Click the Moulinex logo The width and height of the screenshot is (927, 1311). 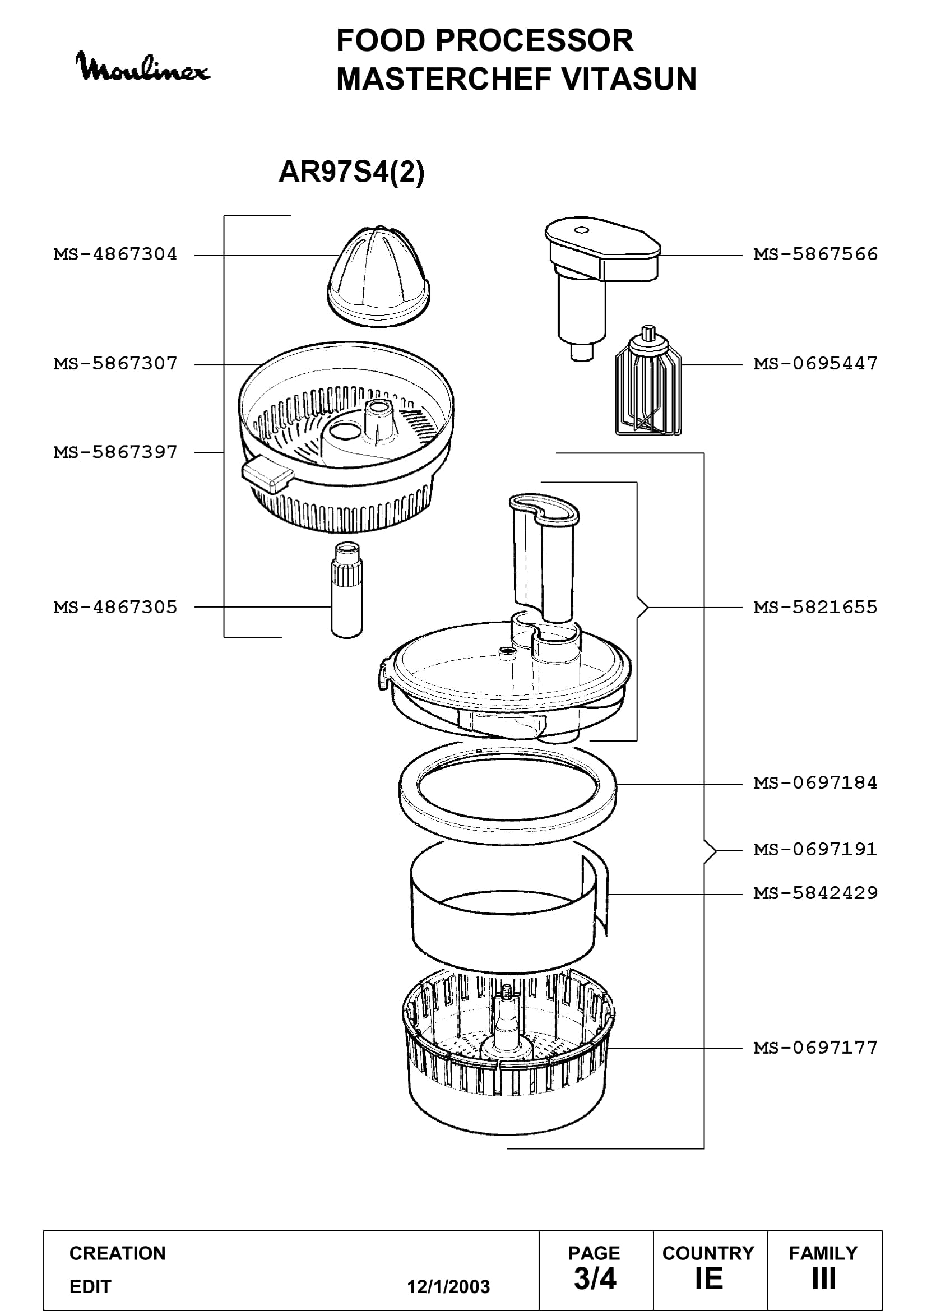(x=143, y=66)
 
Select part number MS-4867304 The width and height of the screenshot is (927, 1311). (x=115, y=254)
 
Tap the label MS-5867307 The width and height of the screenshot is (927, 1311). (x=115, y=363)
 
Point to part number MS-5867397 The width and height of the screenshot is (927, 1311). (x=115, y=452)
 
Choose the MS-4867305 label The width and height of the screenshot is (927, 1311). (x=115, y=607)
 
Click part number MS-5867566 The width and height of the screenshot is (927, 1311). (x=815, y=254)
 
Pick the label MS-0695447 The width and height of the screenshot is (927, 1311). (x=815, y=363)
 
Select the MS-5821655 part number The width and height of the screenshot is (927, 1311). (x=815, y=607)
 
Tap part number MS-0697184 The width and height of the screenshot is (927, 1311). (x=815, y=782)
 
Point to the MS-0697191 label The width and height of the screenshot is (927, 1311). (x=815, y=849)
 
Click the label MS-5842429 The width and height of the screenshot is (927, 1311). (x=815, y=893)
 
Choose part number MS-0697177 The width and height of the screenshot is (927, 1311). (x=815, y=1048)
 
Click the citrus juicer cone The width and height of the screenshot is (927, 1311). (x=378, y=276)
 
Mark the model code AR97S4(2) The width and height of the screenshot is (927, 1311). (x=351, y=172)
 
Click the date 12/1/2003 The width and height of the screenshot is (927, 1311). (x=448, y=1286)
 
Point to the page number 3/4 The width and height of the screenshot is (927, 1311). (x=595, y=1279)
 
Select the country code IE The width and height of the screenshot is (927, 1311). (x=708, y=1279)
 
